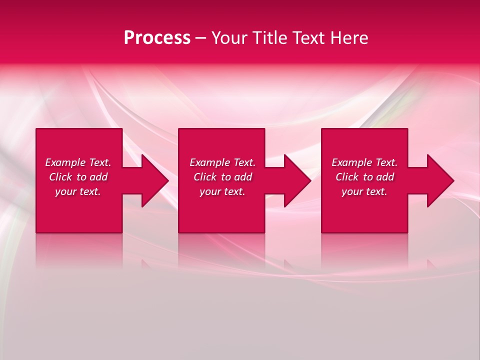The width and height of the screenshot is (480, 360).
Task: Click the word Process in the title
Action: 157,38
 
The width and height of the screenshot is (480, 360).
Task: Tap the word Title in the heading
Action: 270,38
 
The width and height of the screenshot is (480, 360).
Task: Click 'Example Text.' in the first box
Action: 78,162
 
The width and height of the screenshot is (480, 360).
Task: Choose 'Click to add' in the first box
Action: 78,177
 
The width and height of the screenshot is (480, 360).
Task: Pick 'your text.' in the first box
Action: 78,191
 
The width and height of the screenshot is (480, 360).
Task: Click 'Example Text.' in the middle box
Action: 222,162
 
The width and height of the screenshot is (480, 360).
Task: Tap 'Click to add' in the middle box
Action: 222,177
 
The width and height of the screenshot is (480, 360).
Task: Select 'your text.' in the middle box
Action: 222,191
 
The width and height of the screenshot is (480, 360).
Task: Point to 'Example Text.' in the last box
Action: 364,162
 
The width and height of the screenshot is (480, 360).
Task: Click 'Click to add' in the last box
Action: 364,177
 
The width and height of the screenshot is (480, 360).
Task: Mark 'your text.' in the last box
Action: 364,191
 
